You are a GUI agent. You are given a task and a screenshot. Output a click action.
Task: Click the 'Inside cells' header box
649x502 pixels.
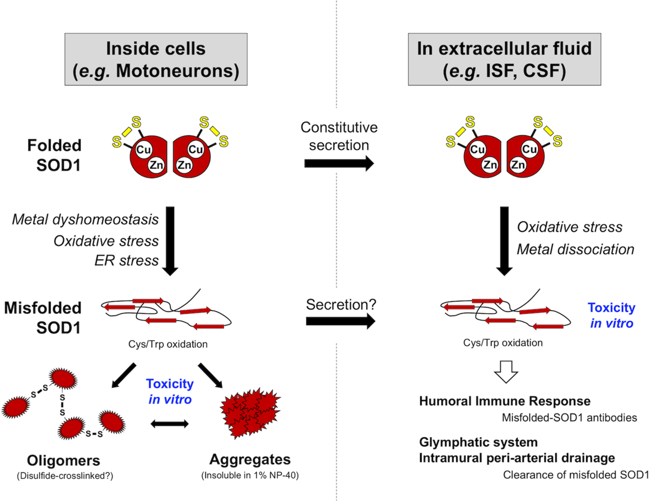point(156,59)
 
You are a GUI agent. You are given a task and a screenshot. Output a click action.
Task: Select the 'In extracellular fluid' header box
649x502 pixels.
point(505,59)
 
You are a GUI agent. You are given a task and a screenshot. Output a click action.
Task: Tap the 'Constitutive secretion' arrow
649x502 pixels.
point(339,163)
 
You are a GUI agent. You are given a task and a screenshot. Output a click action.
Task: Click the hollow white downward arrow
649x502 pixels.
point(506,372)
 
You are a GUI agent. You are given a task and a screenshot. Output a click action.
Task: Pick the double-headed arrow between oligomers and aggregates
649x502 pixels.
point(170,424)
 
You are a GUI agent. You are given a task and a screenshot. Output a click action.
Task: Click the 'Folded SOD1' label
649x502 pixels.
point(55,155)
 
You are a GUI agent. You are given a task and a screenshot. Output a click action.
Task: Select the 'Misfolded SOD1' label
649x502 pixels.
point(43,318)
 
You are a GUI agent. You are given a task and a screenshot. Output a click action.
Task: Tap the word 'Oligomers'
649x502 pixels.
point(64,460)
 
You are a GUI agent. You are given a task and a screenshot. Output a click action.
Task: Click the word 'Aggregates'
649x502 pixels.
point(250,459)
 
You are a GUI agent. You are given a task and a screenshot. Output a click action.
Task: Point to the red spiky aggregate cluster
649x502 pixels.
point(250,413)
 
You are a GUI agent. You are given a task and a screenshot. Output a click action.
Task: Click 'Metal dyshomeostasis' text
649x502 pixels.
point(85,220)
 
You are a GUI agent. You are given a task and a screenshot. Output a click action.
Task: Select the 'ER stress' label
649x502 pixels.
point(127,260)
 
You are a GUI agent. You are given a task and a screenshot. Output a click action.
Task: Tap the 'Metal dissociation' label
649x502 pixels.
point(575,249)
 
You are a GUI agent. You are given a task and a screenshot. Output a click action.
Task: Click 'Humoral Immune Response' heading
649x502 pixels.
point(505,401)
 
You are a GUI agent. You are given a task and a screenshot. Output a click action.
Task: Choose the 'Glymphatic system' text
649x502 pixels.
point(479,442)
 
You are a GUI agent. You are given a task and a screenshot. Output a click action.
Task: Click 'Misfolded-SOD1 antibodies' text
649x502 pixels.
point(569,418)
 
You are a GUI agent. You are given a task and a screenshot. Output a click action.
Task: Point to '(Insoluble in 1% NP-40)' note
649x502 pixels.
point(250,475)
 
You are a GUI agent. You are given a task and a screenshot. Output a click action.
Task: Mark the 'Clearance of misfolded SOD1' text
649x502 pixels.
point(576,474)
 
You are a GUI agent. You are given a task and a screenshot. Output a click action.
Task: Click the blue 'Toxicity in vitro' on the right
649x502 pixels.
point(612,315)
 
